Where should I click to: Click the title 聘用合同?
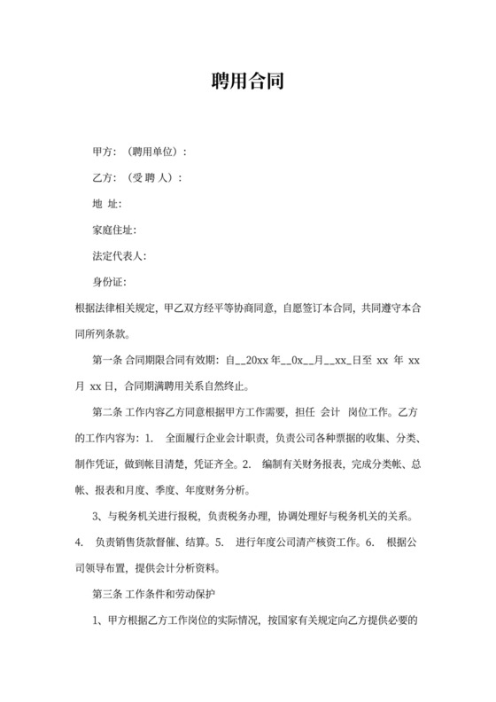(247, 82)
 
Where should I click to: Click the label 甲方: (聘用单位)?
(140, 152)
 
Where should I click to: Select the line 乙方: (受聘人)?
(137, 177)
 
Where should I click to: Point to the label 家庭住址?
(114, 230)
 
